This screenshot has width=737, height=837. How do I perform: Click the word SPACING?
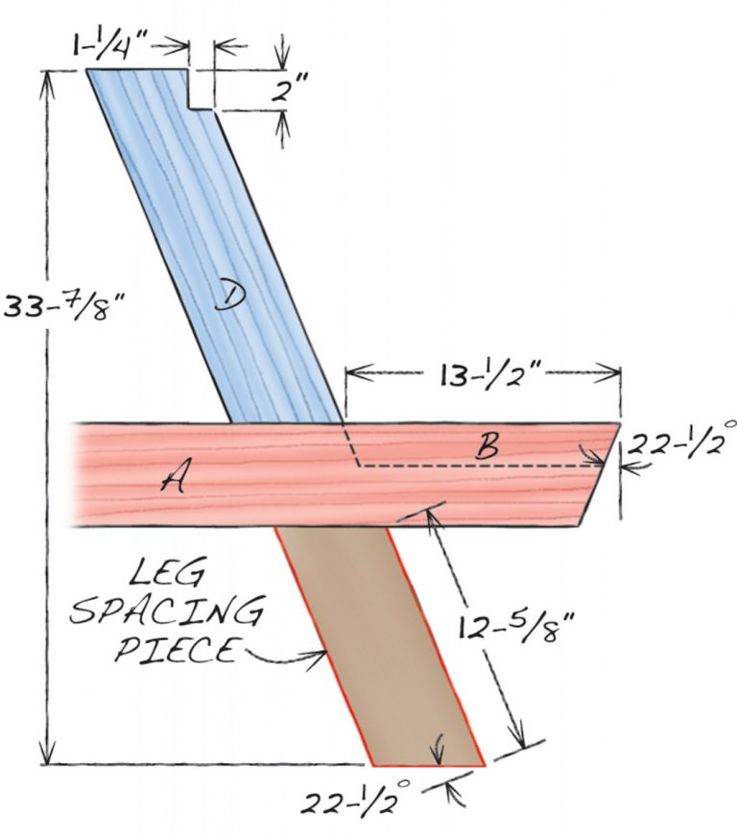tap(168, 611)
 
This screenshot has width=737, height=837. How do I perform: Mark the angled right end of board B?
tap(601, 475)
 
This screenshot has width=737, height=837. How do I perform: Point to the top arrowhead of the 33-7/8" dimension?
tap(45, 77)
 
